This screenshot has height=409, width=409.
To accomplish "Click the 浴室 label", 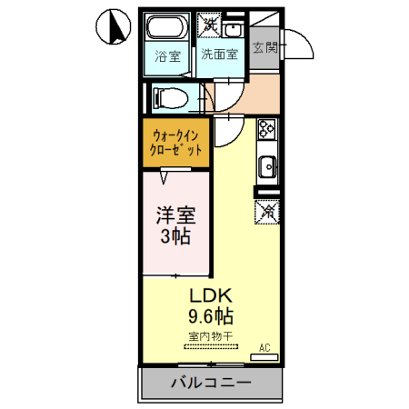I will coord(167,55).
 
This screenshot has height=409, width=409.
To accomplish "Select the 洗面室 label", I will coord(220,55).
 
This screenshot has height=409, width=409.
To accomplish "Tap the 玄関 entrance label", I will coord(264,46).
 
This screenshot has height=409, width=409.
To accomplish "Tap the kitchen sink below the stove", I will coord(266,165).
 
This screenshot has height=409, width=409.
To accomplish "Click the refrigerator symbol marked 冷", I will coord(268,213).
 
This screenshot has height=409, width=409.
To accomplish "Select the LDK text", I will coord(211,296).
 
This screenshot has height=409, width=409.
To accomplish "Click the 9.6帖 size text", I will coord(211,317).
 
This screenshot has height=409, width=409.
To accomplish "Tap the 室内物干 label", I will coord(211,337).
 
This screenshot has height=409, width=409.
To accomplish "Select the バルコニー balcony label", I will coord(210,383).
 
